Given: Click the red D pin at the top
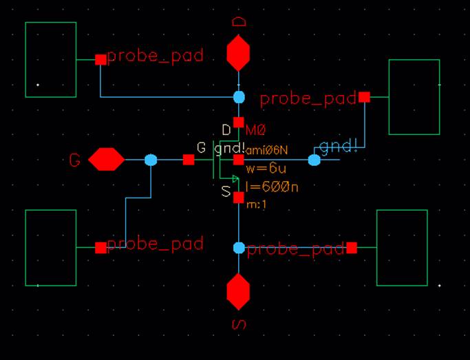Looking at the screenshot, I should click(x=239, y=54).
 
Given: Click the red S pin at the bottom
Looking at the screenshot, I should click(x=239, y=291).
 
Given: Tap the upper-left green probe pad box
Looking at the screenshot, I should click(x=51, y=59).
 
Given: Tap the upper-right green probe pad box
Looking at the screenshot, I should click(x=414, y=97).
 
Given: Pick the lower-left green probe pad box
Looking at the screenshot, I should click(x=51, y=248).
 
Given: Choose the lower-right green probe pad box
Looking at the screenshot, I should click(x=402, y=248).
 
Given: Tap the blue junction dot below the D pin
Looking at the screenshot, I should click(x=239, y=97).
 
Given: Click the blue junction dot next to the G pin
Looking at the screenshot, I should click(x=151, y=160).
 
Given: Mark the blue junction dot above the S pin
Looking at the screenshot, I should click(x=239, y=247).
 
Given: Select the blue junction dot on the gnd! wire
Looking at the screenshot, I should click(x=314, y=160).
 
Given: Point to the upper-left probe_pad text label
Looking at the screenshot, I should click(x=156, y=56).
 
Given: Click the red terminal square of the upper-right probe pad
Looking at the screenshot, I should click(x=364, y=97).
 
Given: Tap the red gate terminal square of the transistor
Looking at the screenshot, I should click(x=189, y=160).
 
